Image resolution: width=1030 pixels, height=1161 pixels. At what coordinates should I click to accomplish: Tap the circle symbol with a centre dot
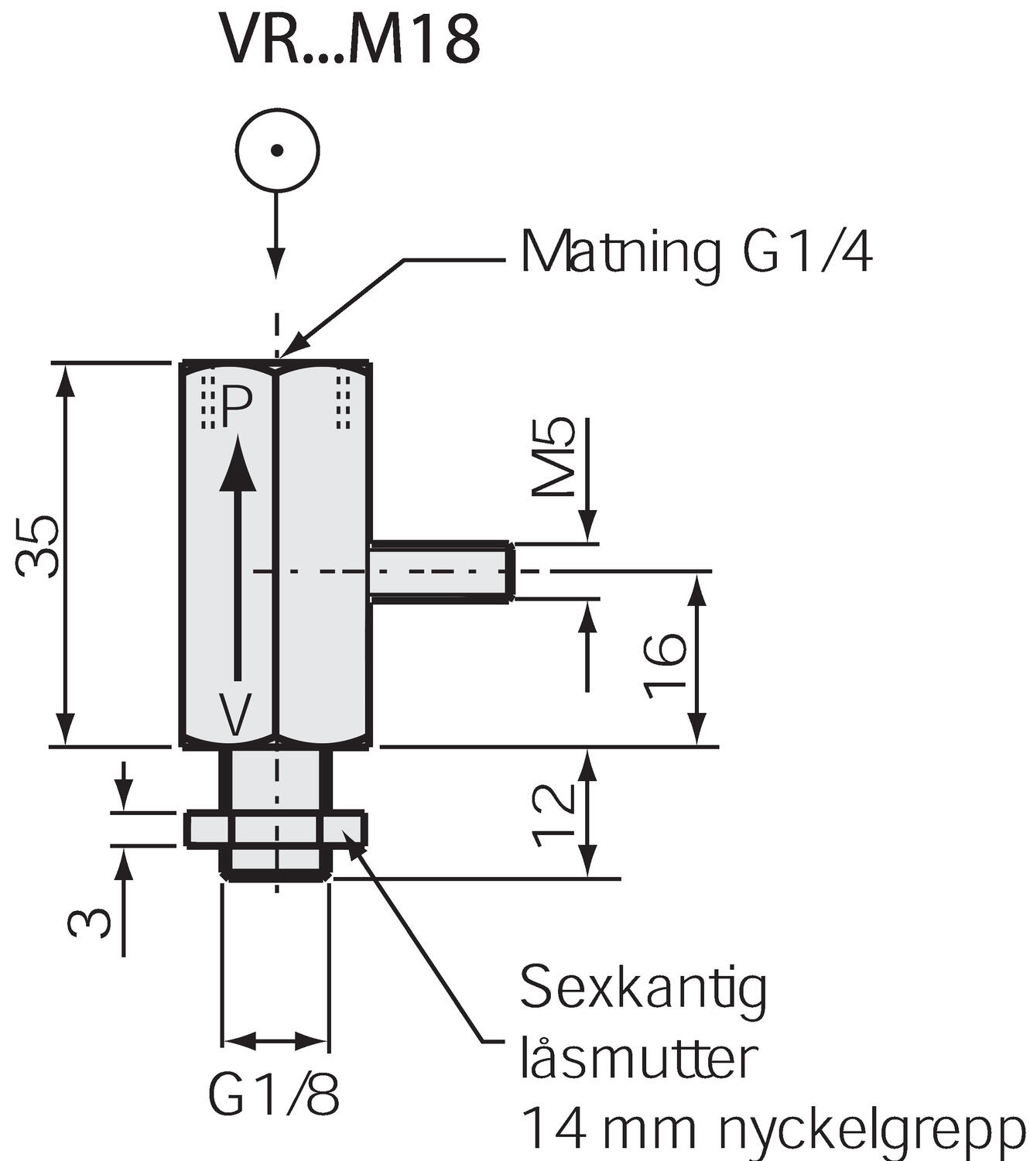[x=277, y=149]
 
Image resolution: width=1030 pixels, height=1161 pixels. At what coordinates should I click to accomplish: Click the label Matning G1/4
[x=696, y=252]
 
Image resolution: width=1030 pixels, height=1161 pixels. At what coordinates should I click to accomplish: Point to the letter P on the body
[x=236, y=407]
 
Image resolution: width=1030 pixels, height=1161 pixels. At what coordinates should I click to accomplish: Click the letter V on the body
[x=234, y=714]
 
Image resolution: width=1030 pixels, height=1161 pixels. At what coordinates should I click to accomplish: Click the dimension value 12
[x=554, y=814]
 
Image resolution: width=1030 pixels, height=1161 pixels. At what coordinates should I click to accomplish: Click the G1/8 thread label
[x=274, y=1094]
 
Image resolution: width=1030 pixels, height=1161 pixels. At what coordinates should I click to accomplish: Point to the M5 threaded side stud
[x=441, y=572]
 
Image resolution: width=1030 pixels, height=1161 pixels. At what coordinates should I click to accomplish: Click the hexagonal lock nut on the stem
[x=275, y=829]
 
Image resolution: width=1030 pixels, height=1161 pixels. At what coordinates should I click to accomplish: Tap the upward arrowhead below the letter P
[x=238, y=464]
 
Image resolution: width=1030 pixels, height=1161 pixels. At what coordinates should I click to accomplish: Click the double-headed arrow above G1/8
[x=275, y=1040]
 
